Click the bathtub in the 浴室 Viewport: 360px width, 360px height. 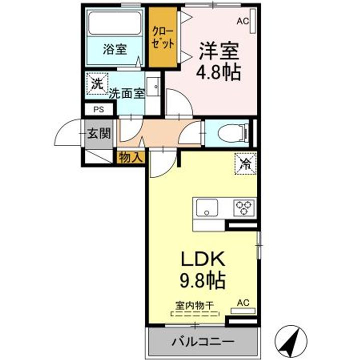(115, 23)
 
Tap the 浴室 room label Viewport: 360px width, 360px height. (115, 49)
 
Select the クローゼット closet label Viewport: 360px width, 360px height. (163, 37)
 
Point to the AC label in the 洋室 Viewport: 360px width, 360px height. (242, 21)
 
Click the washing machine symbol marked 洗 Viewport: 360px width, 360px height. (97, 83)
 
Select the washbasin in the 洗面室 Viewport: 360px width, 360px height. (153, 86)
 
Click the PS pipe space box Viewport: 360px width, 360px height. (98, 109)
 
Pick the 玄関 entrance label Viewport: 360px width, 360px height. (99, 133)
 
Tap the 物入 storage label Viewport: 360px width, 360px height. (130, 157)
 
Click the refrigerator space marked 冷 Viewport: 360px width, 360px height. (245, 163)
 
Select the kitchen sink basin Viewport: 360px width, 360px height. (206, 207)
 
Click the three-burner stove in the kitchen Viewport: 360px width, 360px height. (244, 208)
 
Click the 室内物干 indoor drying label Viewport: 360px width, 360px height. (194, 306)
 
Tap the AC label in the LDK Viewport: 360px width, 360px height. (243, 303)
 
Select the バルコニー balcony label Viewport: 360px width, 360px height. (203, 341)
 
